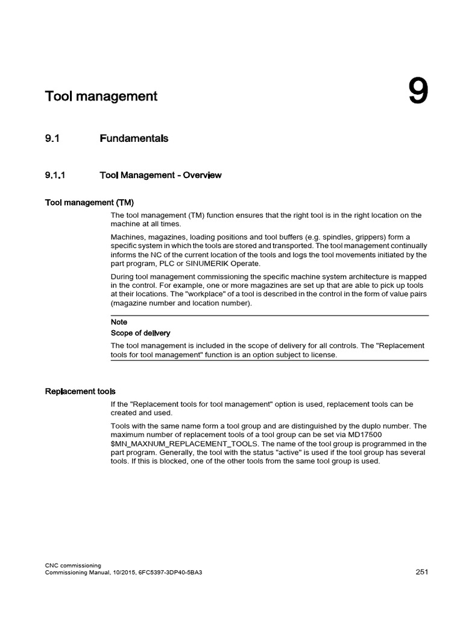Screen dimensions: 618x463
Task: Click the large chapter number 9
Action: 418,92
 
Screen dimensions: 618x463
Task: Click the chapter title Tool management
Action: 101,96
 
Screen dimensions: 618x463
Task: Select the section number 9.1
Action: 53,139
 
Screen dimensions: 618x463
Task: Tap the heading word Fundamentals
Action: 134,139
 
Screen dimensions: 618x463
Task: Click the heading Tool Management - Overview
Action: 160,176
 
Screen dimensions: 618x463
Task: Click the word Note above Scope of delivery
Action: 119,322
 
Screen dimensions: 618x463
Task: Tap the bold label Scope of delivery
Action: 140,333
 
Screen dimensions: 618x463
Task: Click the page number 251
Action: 421,572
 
